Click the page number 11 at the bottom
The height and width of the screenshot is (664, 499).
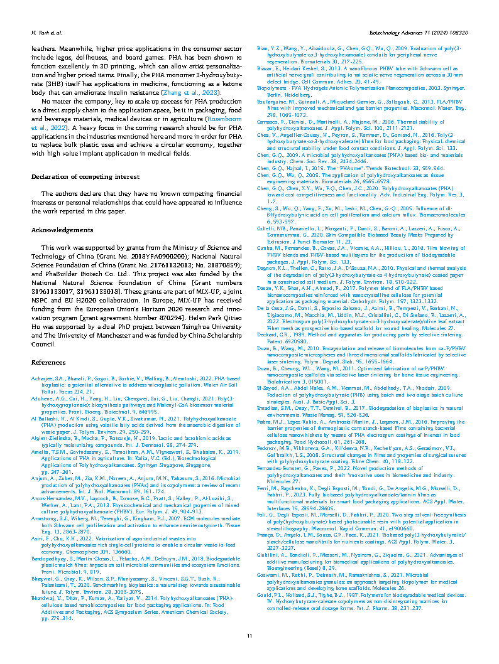pyautogui.click(x=249, y=636)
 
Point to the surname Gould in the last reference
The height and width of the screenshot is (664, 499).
pyautogui.click(x=267, y=594)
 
